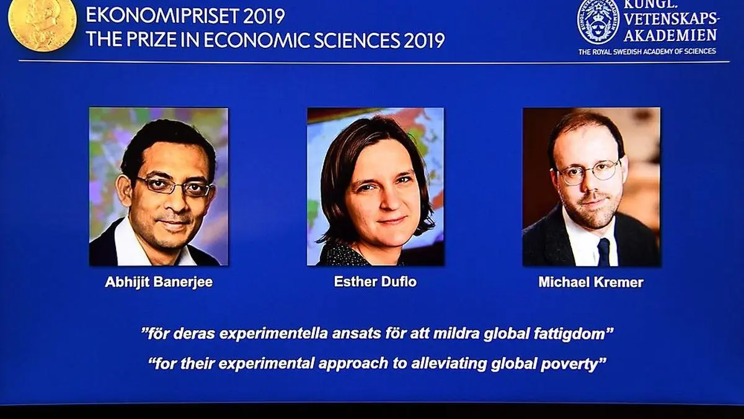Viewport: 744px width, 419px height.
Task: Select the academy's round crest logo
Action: (x=598, y=22)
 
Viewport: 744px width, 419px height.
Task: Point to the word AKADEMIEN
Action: (x=670, y=35)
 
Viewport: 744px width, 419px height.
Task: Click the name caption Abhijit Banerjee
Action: (x=159, y=282)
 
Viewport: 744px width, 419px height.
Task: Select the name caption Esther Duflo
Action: (x=375, y=282)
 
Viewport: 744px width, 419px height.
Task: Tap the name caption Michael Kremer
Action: (x=591, y=282)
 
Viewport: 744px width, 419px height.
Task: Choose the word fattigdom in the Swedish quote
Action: (x=573, y=334)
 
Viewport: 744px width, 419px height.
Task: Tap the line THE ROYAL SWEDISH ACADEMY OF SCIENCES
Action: (x=647, y=52)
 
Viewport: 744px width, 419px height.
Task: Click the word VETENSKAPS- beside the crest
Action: (x=671, y=18)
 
